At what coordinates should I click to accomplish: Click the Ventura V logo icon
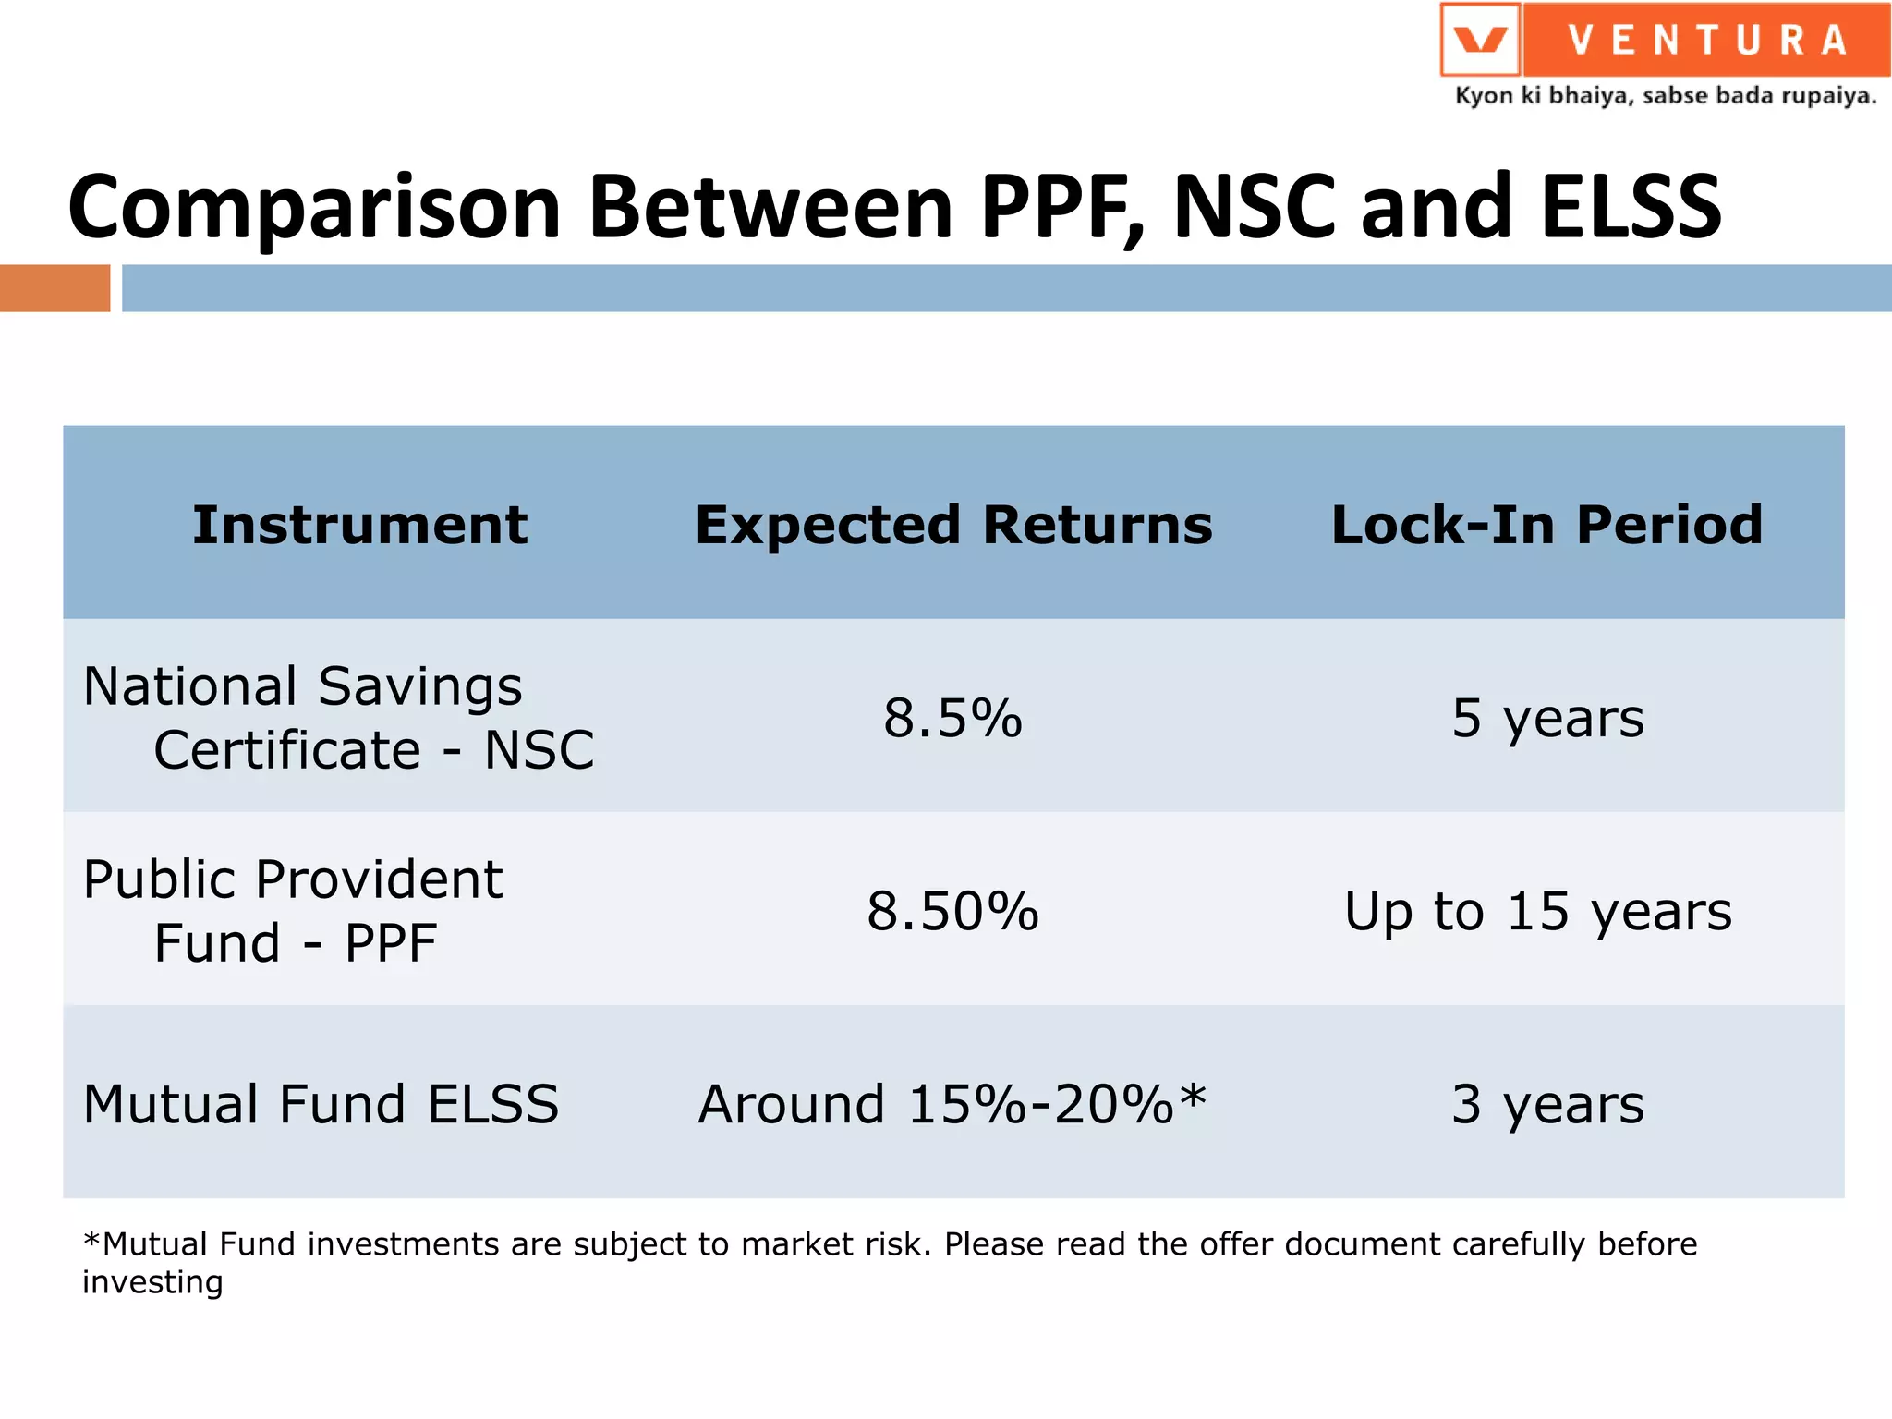point(1480,40)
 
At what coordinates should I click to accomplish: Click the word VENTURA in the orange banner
point(1706,40)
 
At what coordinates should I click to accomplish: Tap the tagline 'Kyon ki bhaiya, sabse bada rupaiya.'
point(1665,96)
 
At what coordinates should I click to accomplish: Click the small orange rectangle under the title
point(55,288)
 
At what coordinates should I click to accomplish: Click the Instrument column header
point(359,525)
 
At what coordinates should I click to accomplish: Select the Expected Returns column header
point(953,525)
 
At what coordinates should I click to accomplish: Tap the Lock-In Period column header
point(1546,525)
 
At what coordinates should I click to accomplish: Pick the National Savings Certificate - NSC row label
point(338,718)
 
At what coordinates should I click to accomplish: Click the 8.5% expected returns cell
point(952,719)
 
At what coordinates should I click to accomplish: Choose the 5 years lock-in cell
point(1547,719)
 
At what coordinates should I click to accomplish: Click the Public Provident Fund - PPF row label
point(293,911)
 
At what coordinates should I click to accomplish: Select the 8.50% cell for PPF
point(952,912)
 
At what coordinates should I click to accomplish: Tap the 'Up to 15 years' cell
point(1538,912)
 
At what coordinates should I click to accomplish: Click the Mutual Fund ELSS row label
point(321,1104)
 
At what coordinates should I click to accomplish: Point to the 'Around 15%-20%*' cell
point(952,1104)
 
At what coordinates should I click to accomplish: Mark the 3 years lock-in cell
point(1547,1104)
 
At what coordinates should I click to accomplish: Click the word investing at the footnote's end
point(152,1283)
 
